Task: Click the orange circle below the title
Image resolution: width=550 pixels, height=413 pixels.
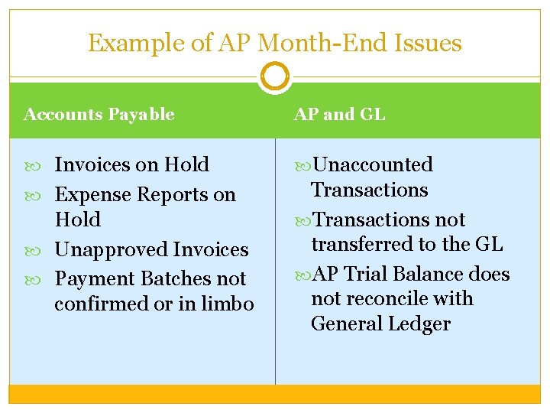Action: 275,76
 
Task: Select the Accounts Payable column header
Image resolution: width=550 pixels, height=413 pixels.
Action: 99,115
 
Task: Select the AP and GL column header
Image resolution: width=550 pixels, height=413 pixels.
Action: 340,115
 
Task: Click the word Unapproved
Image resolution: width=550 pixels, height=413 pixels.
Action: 112,249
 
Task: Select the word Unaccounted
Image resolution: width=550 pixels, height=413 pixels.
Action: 373,164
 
